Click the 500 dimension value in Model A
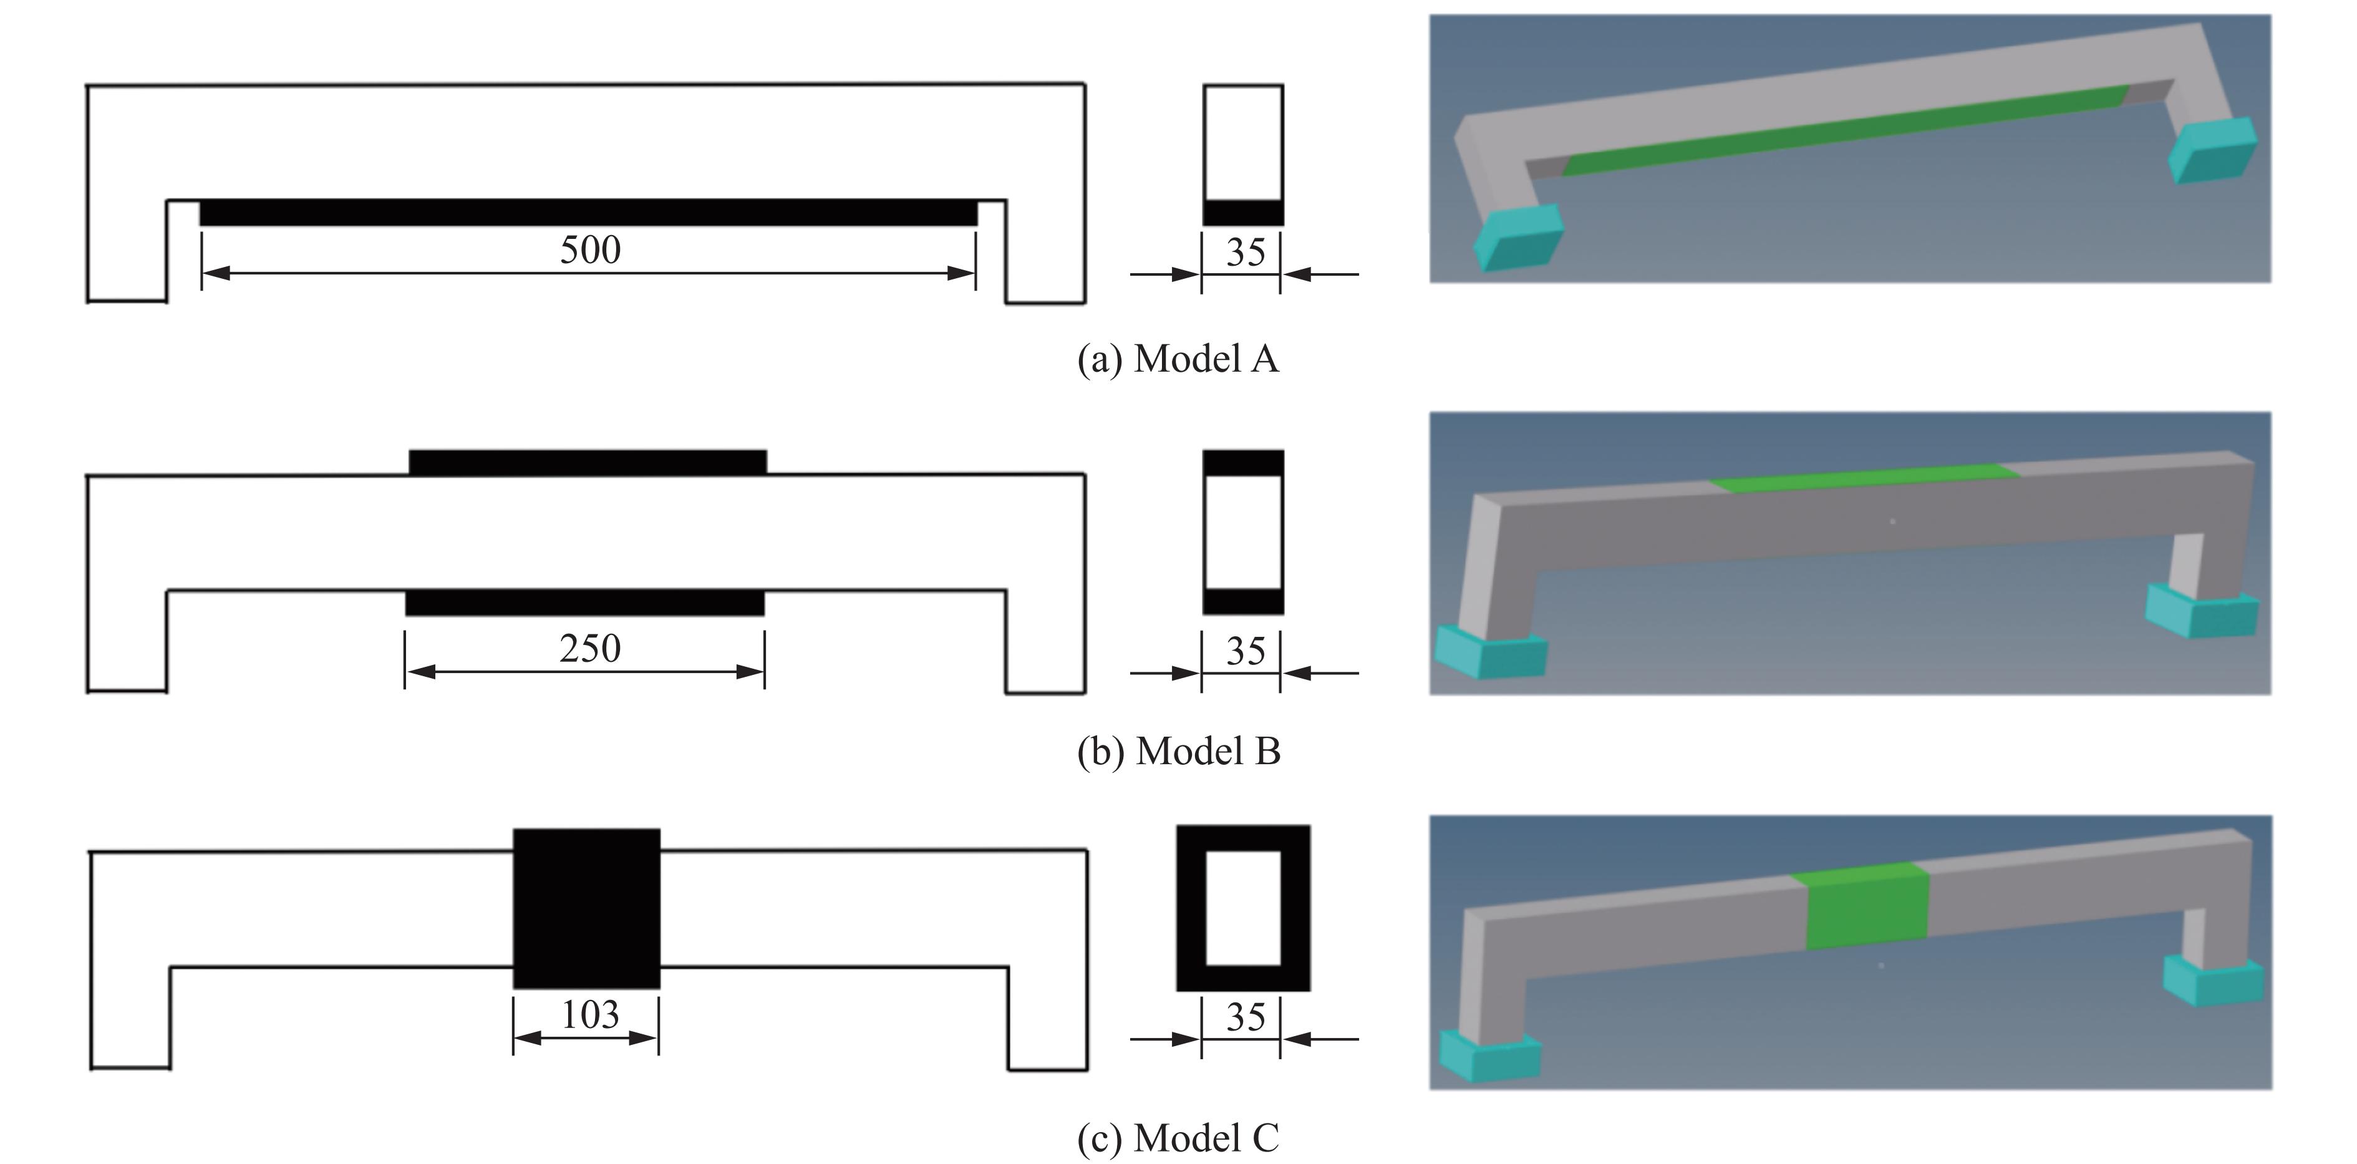(x=590, y=250)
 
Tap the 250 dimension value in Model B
(x=590, y=649)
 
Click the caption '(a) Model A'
(x=1178, y=359)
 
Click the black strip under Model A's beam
(x=588, y=212)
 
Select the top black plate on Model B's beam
(x=588, y=462)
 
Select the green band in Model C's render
(x=1867, y=906)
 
